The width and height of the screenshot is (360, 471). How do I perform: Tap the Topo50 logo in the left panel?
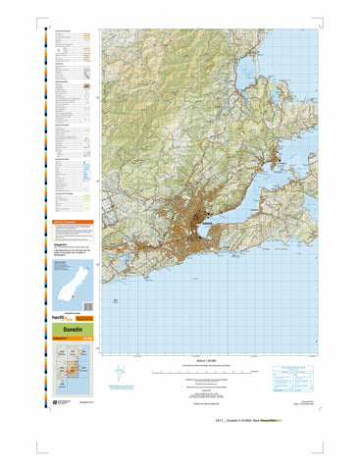63,319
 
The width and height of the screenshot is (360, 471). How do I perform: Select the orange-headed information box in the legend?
72,227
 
